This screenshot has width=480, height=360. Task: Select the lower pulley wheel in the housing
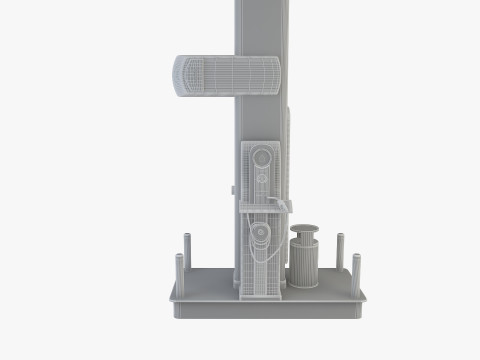coord(261,235)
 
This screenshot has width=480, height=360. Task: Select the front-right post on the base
coord(355,271)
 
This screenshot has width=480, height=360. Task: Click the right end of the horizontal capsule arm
coord(275,76)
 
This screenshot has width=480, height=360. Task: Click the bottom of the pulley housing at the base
coord(262,293)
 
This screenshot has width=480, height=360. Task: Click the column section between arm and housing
coord(258,118)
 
